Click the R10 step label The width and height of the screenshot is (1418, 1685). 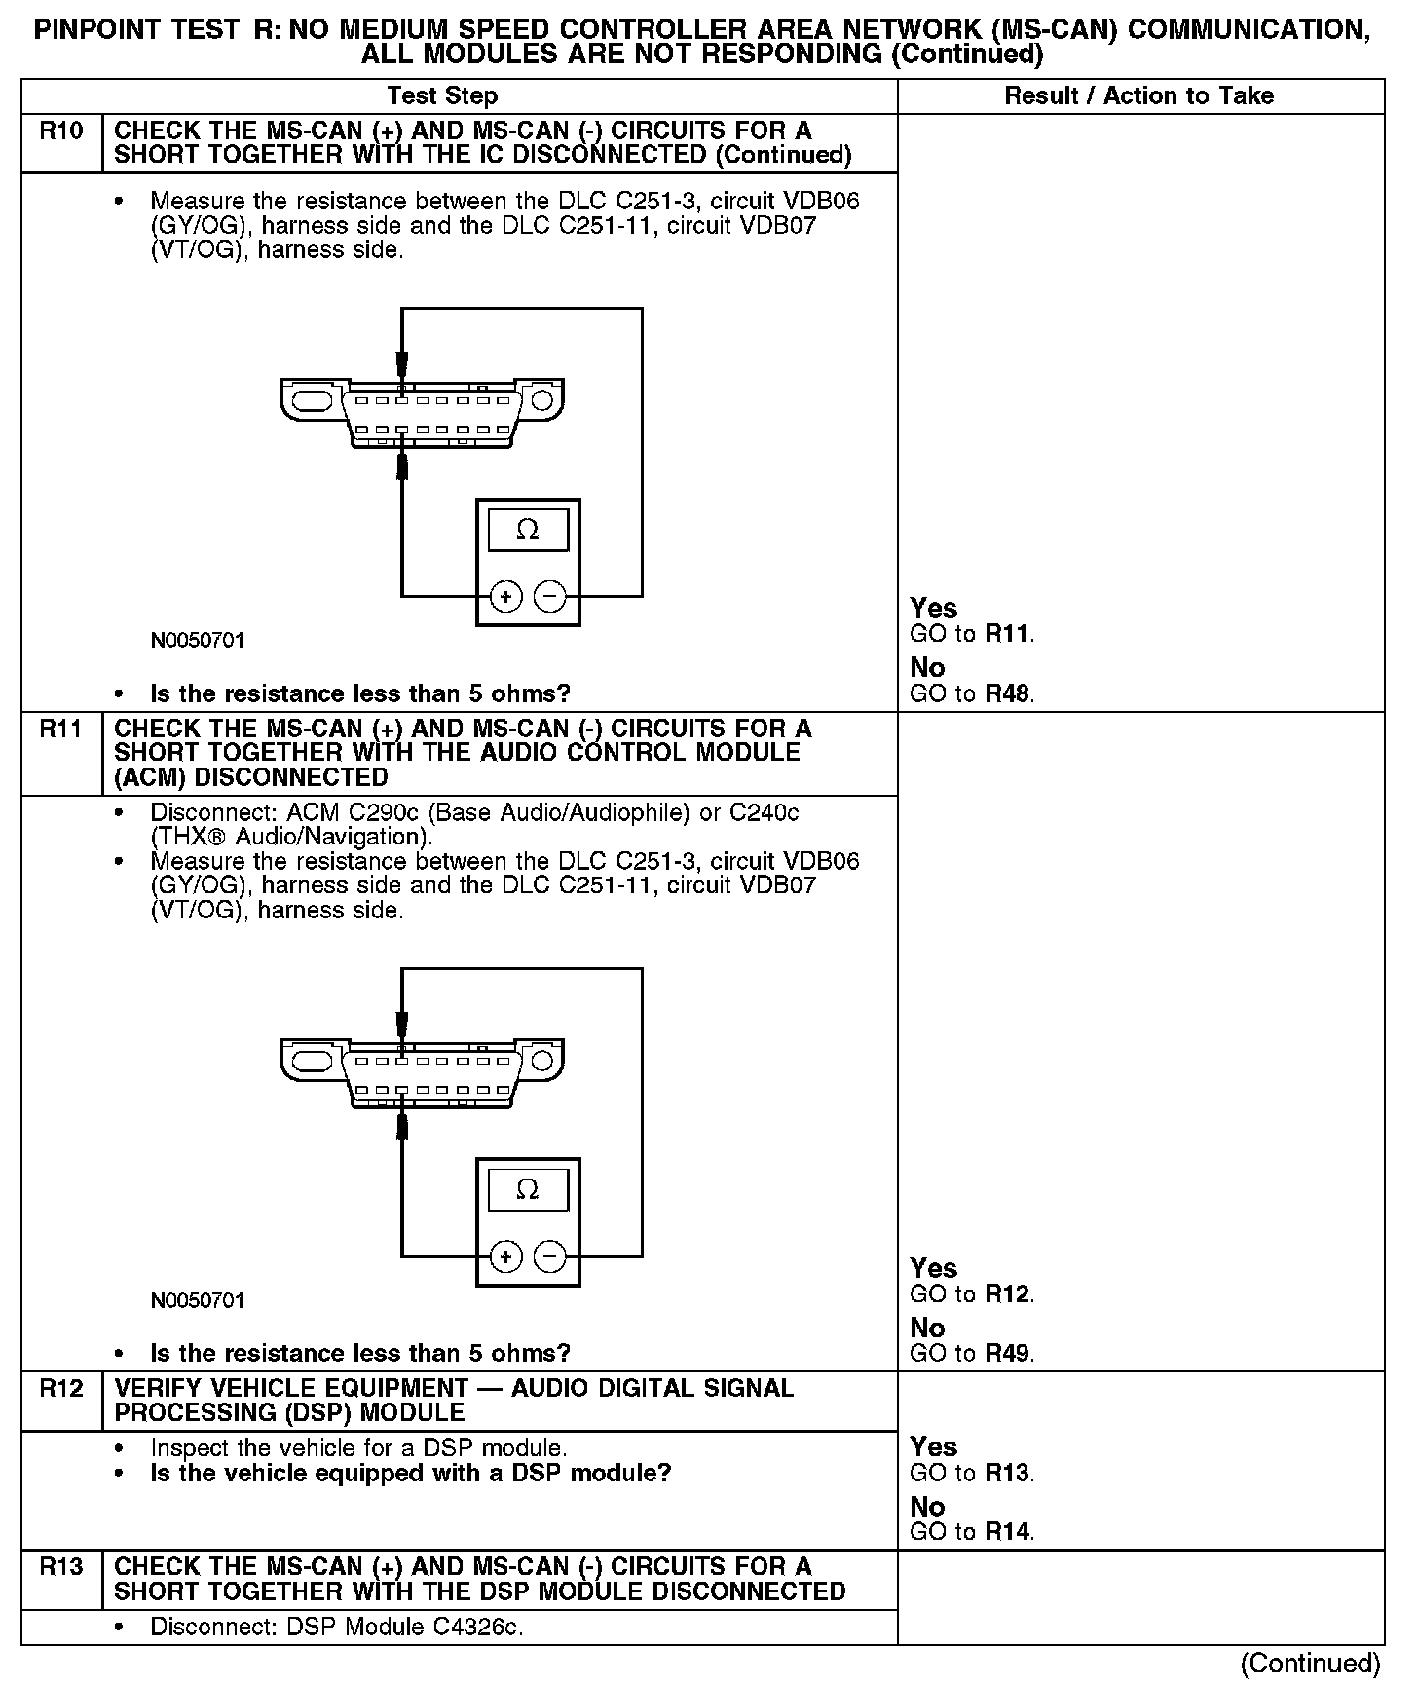click(60, 131)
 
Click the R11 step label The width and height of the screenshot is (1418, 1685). click(60, 730)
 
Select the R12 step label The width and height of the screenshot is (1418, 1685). click(60, 1389)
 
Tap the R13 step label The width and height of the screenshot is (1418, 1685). click(60, 1567)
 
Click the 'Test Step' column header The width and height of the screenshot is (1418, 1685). click(442, 95)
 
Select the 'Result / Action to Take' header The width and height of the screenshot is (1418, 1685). click(1138, 95)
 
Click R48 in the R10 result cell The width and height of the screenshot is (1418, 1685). click(1008, 694)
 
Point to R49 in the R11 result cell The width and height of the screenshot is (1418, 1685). click(1008, 1354)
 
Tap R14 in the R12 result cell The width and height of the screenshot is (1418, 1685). click(1008, 1532)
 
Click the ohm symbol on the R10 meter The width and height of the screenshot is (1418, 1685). click(528, 530)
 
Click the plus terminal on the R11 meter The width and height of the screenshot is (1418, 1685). click(505, 1256)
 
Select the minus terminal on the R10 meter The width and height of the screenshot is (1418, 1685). click(550, 596)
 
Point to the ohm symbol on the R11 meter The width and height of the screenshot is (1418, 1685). click(528, 1189)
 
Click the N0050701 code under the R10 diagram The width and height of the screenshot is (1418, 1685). click(198, 641)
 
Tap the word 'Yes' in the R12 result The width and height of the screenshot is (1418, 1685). click(934, 1447)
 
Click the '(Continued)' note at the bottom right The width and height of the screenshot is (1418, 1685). click(1311, 1664)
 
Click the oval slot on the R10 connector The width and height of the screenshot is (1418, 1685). click(312, 400)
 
